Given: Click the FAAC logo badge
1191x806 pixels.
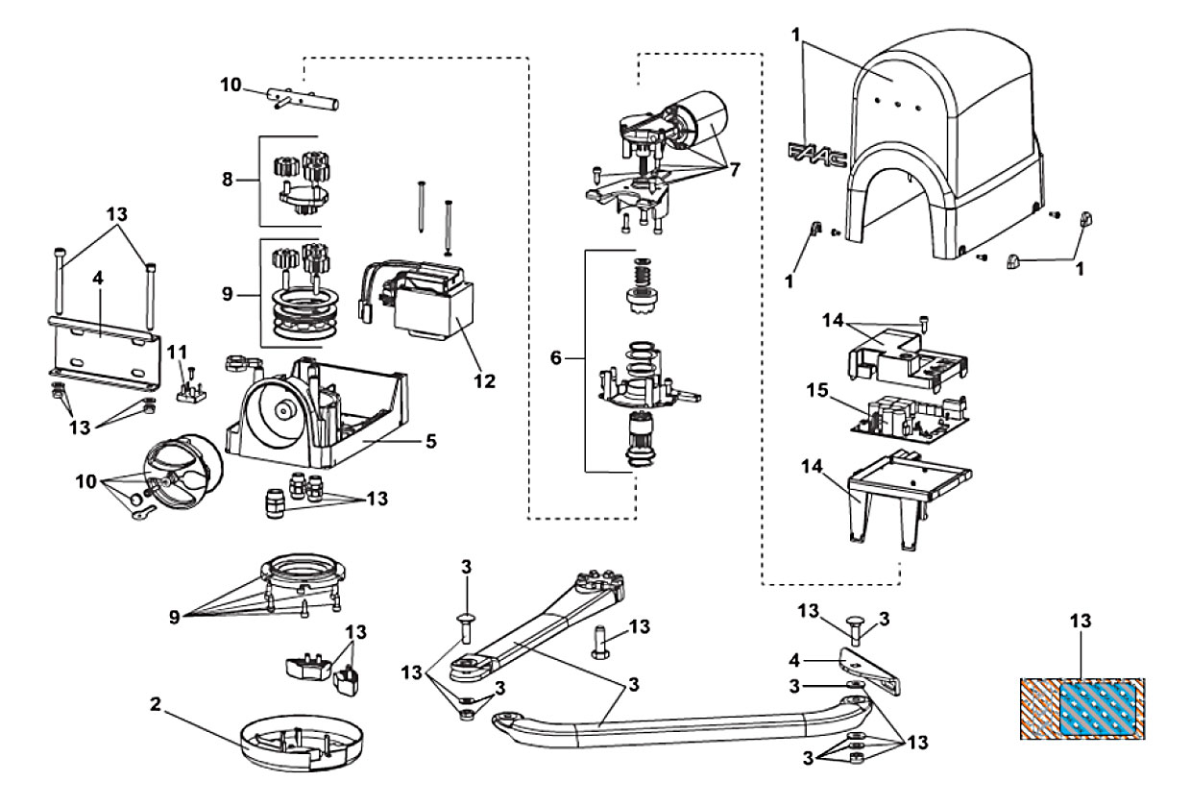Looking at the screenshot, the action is [817, 155].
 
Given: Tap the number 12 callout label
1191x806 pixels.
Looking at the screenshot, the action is [484, 380].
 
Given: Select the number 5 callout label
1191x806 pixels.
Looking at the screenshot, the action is [431, 441].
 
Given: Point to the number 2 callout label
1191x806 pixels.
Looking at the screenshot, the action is [155, 704].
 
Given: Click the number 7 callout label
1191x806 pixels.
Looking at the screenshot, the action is [734, 170].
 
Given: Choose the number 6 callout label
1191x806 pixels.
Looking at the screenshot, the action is [555, 357].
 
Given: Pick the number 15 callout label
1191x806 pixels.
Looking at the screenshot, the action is [817, 390].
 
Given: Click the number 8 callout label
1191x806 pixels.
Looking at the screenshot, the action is [227, 180].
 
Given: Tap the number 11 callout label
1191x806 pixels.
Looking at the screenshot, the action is [177, 352].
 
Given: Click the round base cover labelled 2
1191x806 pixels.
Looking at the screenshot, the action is [302, 743].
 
